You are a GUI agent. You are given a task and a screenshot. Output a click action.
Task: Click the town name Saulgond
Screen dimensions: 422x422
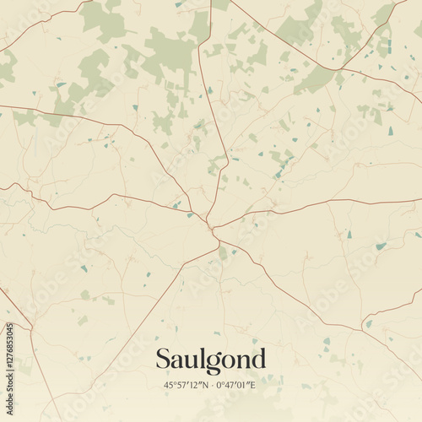tap(210, 360)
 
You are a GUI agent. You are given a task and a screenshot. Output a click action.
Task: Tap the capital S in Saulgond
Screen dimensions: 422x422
tap(163, 360)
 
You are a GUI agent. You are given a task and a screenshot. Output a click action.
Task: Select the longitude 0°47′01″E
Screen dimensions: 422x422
tap(237, 386)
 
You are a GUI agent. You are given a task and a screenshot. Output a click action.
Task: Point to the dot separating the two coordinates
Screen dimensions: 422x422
tap(210, 386)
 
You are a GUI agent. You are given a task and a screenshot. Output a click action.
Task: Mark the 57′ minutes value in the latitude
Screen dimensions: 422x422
tap(181, 386)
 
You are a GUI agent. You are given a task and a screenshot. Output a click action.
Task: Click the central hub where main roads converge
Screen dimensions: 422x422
tap(210, 225)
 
